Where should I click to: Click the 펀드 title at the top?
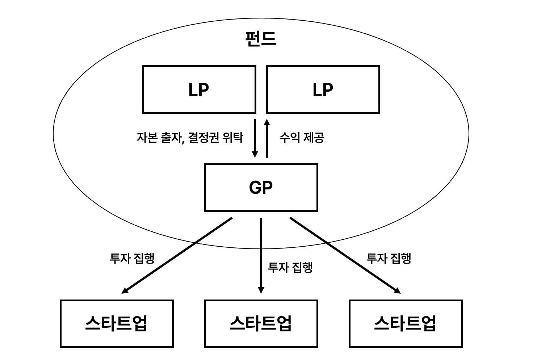coord(260,39)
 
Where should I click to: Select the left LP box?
coord(199,89)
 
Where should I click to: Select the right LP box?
coord(323,89)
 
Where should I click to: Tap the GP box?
coord(261,187)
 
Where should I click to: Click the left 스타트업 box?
coord(117,323)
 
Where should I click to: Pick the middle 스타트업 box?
coord(261,323)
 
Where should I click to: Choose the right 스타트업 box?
coord(405,323)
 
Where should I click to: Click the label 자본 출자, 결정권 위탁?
coord(190,138)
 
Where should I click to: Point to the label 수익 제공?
coord(302,138)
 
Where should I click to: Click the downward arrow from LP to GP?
coord(255,138)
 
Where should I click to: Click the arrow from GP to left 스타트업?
coord(177,255)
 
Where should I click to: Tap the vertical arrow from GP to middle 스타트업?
coord(261,255)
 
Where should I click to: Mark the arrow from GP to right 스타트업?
coord(345,255)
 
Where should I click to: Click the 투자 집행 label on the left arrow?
coord(132,258)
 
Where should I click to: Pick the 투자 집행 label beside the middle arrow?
coord(290,267)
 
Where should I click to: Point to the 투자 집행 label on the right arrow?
coord(389,258)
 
